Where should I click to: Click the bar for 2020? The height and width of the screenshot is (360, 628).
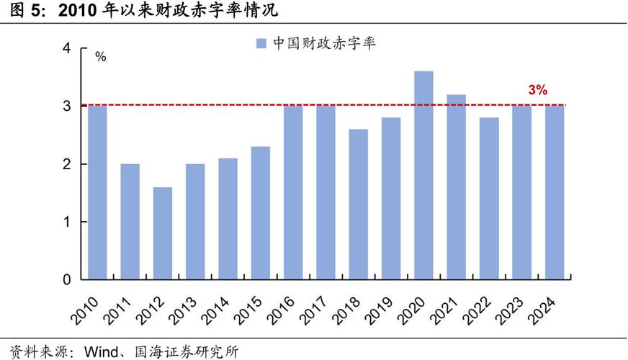[424, 175]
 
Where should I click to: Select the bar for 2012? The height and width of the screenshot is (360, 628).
[163, 233]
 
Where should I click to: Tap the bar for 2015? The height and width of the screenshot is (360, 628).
[261, 213]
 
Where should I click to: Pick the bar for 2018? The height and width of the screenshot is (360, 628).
[359, 204]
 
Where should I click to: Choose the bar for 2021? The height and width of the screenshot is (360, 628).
[457, 186]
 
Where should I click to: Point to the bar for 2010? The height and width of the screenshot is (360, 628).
[97, 192]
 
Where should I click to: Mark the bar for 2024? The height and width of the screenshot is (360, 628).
[555, 192]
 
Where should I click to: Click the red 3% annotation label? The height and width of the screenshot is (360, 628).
[538, 91]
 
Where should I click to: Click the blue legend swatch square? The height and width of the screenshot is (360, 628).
[261, 43]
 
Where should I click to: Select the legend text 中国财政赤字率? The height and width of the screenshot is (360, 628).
[324, 43]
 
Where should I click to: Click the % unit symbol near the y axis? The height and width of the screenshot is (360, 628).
[101, 56]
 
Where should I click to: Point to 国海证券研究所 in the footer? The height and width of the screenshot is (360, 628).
[194, 352]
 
